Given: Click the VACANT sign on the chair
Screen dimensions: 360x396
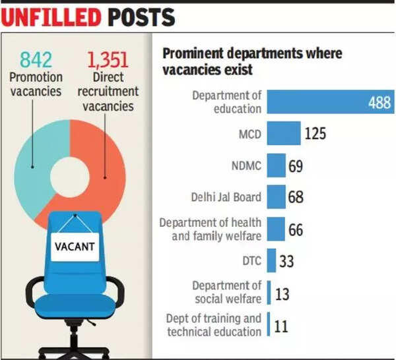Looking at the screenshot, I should pos(74,249).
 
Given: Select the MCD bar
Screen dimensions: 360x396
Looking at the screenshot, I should pos(284,134).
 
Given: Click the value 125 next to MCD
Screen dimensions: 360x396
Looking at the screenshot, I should pos(315,134).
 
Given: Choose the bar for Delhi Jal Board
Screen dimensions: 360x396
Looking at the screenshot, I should pos(277,196).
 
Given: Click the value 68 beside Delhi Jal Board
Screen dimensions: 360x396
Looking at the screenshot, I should pos(296,196).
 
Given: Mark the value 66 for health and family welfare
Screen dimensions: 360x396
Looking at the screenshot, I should pos(296,229).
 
